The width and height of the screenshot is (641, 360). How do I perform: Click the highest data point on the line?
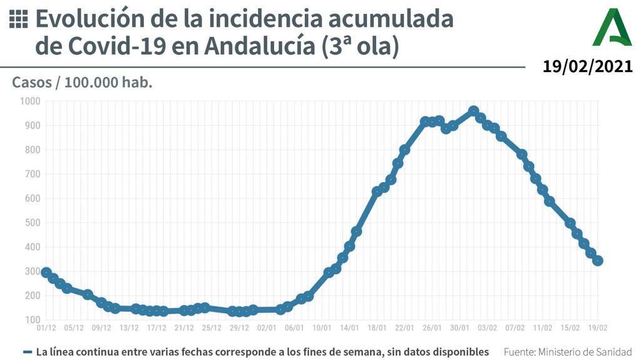click(473, 111)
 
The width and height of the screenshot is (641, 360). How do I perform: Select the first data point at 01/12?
click(46, 272)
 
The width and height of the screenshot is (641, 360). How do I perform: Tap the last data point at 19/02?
click(598, 260)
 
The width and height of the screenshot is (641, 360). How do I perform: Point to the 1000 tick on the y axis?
click(29, 101)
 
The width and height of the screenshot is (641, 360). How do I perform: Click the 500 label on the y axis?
click(32, 223)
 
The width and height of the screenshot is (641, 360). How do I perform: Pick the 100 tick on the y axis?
click(32, 320)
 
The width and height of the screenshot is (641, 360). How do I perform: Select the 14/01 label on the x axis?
click(349, 327)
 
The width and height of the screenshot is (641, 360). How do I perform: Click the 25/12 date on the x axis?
click(212, 327)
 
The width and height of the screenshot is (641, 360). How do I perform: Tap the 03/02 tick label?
click(488, 327)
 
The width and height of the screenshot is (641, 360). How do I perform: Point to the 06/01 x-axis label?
click(294, 327)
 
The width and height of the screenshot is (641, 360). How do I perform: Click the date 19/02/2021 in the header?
click(587, 67)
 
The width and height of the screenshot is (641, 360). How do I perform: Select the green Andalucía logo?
click(612, 28)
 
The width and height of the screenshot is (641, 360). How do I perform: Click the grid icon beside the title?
click(19, 19)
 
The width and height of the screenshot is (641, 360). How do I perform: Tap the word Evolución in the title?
click(89, 19)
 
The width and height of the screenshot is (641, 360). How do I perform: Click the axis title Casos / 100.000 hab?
click(82, 83)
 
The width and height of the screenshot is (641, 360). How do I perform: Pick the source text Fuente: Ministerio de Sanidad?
click(568, 352)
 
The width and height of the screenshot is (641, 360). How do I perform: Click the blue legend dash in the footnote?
click(28, 352)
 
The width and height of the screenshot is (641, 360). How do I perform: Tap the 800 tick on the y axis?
click(32, 150)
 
